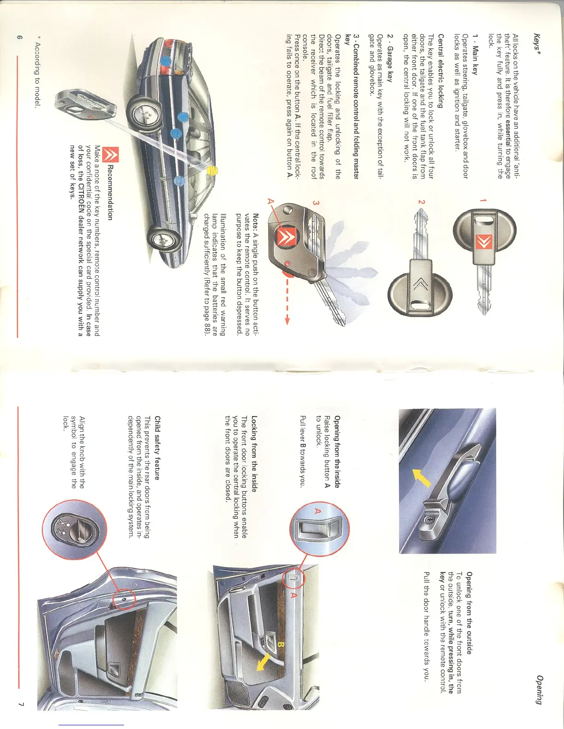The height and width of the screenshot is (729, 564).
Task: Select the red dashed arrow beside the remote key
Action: (x=288, y=299)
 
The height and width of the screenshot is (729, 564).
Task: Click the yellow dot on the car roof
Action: (x=211, y=171)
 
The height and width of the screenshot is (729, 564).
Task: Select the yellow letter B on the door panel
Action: (x=281, y=645)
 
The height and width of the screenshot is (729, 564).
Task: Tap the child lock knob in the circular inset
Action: (x=74, y=530)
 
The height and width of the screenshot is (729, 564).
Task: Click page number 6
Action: (x=19, y=38)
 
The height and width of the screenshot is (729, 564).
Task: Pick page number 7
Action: (x=21, y=703)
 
